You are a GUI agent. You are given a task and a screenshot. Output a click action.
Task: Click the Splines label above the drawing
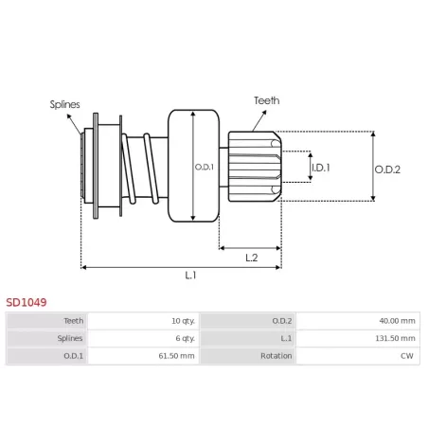(x=64, y=104)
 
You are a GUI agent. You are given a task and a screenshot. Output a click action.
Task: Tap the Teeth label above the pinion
(x=267, y=100)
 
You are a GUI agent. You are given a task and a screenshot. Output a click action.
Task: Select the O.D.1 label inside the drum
(x=205, y=167)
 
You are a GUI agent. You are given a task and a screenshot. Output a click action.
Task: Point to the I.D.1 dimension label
(x=321, y=168)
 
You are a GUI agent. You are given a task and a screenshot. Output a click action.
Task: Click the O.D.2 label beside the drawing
(x=387, y=169)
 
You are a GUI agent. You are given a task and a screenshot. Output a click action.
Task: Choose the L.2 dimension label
(x=252, y=258)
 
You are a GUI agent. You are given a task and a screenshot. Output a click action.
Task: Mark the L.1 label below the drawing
(x=190, y=276)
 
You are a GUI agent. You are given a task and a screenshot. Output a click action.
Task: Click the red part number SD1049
(x=27, y=302)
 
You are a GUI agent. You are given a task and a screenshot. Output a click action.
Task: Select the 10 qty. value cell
(x=183, y=321)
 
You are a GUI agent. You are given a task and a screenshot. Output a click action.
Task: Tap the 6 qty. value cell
(x=186, y=338)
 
